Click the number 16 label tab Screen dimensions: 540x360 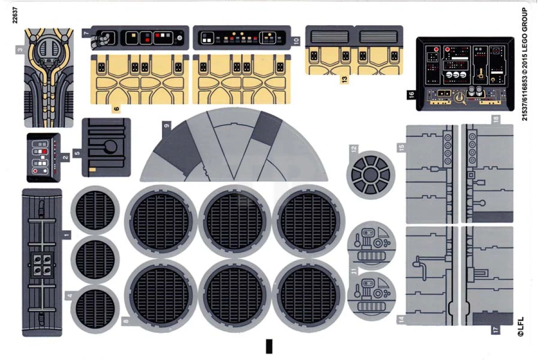pos(411,94)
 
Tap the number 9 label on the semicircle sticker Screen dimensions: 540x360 pos(166,126)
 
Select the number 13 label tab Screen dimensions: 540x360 pos(345,79)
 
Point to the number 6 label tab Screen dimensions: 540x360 pos(116,109)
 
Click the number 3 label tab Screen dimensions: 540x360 pos(20,50)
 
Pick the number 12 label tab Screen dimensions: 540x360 pos(354,149)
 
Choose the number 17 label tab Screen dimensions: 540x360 pos(495,330)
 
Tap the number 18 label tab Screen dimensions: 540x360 pos(496,119)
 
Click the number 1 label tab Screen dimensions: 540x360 pos(67,235)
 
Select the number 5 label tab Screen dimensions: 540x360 pos(77,153)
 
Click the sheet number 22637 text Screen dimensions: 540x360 pos(15,15)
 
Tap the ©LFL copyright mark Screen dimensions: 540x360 pos(521,327)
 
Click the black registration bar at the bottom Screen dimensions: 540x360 pos(269,346)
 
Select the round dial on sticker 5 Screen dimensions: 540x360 pos(110,147)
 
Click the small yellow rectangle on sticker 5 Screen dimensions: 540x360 pos(92,170)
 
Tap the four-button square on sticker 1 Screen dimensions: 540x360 pos(41,265)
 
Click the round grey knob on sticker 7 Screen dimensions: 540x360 pos(180,38)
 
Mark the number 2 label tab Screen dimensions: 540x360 pos(65,157)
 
